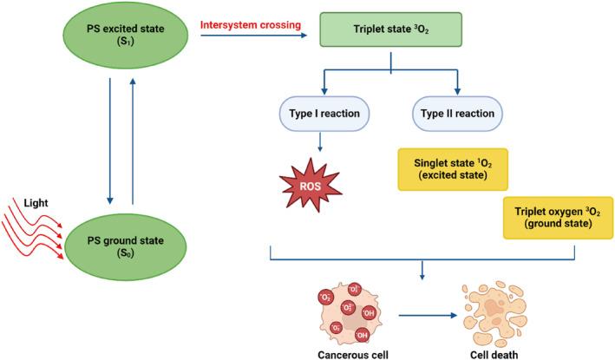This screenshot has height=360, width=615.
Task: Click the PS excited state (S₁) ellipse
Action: (x=126, y=35)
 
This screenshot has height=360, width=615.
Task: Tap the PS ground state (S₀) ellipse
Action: (x=126, y=246)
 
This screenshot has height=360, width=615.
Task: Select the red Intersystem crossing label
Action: (x=251, y=24)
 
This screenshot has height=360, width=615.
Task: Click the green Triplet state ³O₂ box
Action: (x=390, y=29)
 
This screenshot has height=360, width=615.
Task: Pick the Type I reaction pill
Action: (x=324, y=114)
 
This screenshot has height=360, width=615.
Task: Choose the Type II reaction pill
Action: (x=457, y=114)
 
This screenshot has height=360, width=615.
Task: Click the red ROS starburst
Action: (x=311, y=186)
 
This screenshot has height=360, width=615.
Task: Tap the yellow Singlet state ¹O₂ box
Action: (x=453, y=169)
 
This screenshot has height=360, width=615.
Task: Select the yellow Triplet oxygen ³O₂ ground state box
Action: (x=558, y=218)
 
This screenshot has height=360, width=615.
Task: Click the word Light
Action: (x=36, y=203)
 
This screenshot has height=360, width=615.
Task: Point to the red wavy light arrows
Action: (x=32, y=229)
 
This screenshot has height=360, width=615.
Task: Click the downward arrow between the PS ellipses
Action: (x=110, y=141)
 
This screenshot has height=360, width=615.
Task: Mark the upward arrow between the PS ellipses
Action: (x=133, y=141)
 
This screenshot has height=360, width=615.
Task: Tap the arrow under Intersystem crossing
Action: (x=254, y=36)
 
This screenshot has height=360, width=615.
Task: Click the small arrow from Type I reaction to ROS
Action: (x=320, y=142)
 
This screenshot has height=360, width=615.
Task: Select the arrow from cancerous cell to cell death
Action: (x=429, y=315)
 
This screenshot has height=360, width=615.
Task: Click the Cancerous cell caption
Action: (x=353, y=355)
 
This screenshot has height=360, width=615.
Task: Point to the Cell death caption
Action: (x=494, y=355)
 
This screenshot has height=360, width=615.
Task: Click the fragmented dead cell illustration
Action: (x=494, y=315)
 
